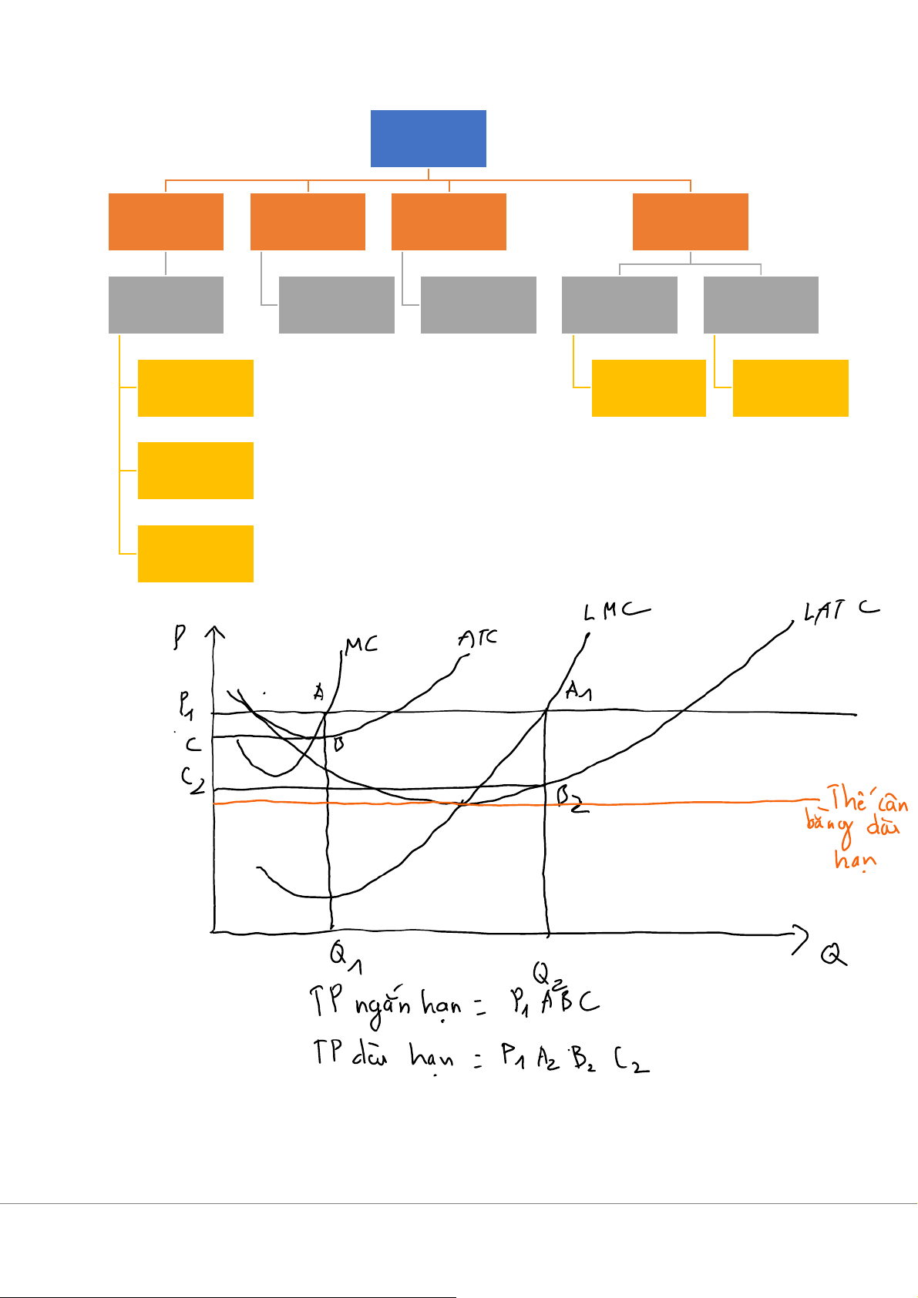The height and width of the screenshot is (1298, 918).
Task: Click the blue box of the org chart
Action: coord(428,139)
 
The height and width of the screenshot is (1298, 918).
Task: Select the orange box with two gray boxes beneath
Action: coord(690,222)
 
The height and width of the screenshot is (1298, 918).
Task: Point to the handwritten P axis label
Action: coord(180,639)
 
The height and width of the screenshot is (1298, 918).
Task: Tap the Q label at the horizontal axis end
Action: coord(832,956)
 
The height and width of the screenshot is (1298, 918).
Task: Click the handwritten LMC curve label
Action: coord(615,612)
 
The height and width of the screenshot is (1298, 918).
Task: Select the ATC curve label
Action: coord(477,639)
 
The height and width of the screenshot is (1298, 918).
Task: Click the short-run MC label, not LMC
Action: coord(361,645)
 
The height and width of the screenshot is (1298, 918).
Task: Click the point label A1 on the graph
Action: coord(578,691)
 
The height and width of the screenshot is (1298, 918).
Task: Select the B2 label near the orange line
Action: coord(572,800)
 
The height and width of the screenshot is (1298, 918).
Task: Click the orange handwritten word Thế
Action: coord(848,800)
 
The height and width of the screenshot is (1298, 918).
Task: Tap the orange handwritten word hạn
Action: coord(855,859)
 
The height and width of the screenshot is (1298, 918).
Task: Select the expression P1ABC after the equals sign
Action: coord(553,1002)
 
